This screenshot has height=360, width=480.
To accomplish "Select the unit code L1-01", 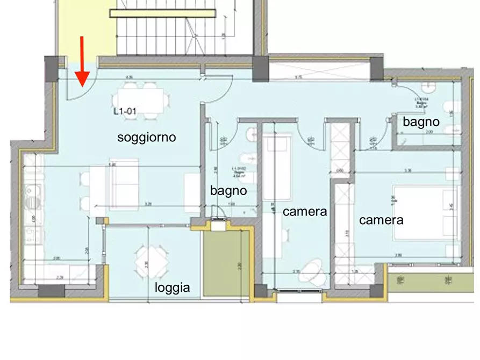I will tap(126, 112).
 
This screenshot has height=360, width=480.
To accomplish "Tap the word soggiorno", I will tap(147, 138).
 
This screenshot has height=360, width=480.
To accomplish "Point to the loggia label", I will tap(172, 288).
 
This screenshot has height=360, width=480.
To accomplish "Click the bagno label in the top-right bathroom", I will tap(421, 122).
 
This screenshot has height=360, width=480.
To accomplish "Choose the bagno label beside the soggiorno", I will tap(228, 190).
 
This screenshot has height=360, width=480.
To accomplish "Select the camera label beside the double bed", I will tap(381, 220).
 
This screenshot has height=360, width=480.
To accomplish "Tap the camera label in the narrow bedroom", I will tap(305, 212).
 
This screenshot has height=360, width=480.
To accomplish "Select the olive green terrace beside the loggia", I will tap(226, 263).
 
